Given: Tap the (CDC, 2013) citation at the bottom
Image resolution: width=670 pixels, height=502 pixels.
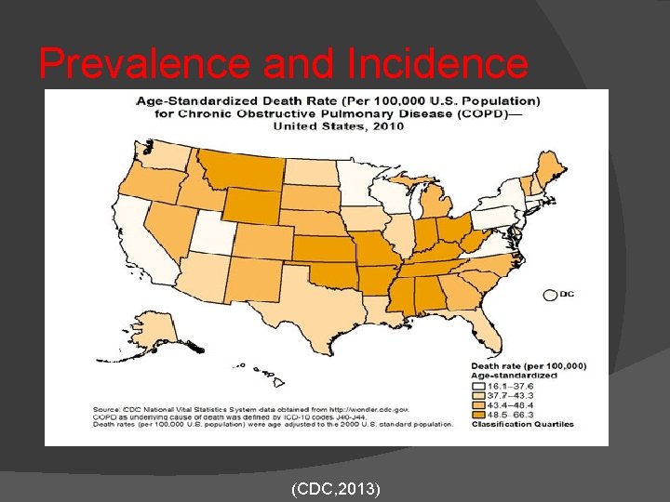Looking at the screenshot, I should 335,487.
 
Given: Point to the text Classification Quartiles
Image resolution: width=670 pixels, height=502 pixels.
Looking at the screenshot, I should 521,425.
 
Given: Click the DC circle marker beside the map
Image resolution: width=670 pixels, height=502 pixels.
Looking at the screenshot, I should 549,295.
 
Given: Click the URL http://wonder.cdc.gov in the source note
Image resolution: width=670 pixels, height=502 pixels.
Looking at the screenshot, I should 371,409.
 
